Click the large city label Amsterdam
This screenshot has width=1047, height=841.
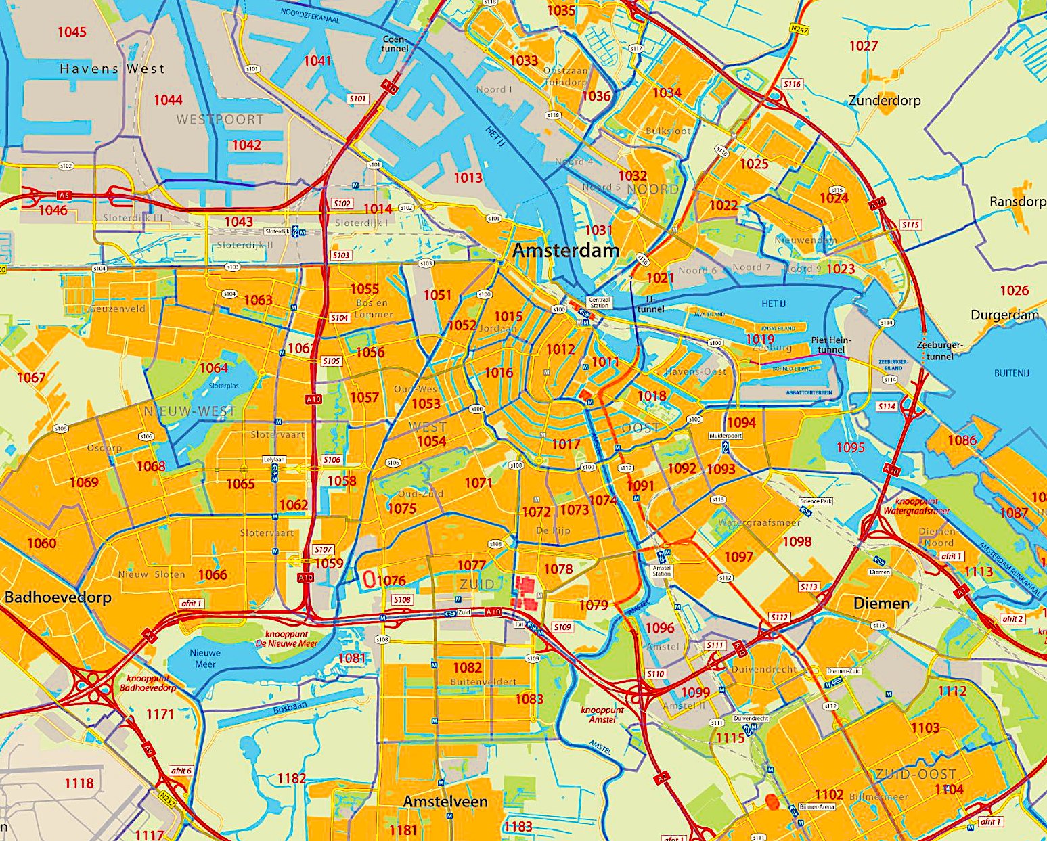(x=566, y=250)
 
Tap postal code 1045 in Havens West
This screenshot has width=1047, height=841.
(x=72, y=32)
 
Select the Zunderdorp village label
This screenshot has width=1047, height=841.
(x=884, y=100)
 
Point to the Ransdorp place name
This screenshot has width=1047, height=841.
(x=1017, y=202)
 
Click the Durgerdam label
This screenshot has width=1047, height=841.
(x=1004, y=315)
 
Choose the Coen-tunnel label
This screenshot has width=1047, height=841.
(x=395, y=43)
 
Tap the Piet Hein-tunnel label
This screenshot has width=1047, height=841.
(x=831, y=345)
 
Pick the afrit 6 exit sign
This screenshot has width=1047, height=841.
(x=181, y=771)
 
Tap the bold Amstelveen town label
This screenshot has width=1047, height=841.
(x=445, y=801)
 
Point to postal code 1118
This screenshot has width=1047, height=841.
(x=79, y=783)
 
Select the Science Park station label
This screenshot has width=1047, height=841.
(x=816, y=501)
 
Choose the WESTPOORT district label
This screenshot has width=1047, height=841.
(x=219, y=120)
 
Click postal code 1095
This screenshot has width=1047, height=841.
(x=850, y=447)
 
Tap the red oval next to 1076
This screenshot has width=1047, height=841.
(x=369, y=579)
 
